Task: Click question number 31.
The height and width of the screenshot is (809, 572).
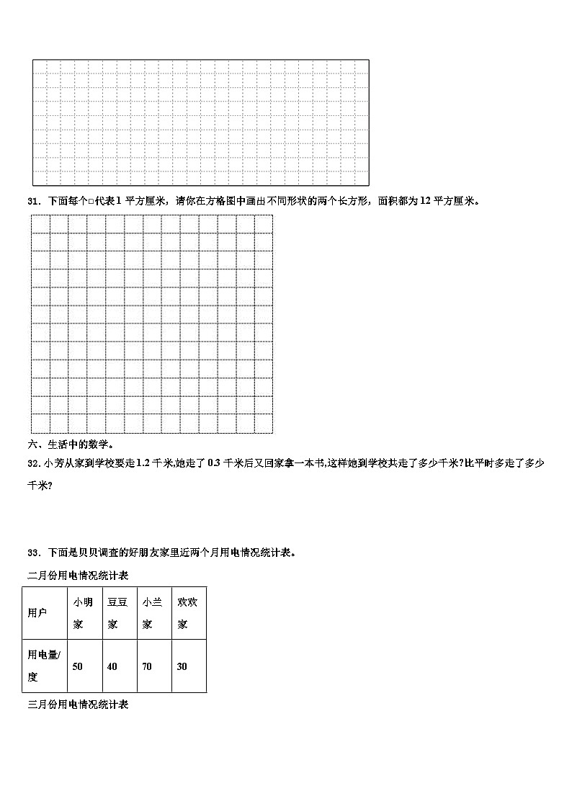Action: click(33, 201)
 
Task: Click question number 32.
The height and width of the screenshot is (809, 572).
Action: click(33, 463)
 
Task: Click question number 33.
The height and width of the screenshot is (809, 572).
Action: click(33, 553)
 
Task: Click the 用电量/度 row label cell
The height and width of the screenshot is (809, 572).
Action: click(44, 666)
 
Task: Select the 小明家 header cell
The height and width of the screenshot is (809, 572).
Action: click(83, 613)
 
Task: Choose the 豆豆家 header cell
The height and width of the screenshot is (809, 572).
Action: click(119, 613)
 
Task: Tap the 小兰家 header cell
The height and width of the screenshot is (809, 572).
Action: click(153, 613)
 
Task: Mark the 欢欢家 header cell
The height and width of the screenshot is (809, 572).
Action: click(188, 613)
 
